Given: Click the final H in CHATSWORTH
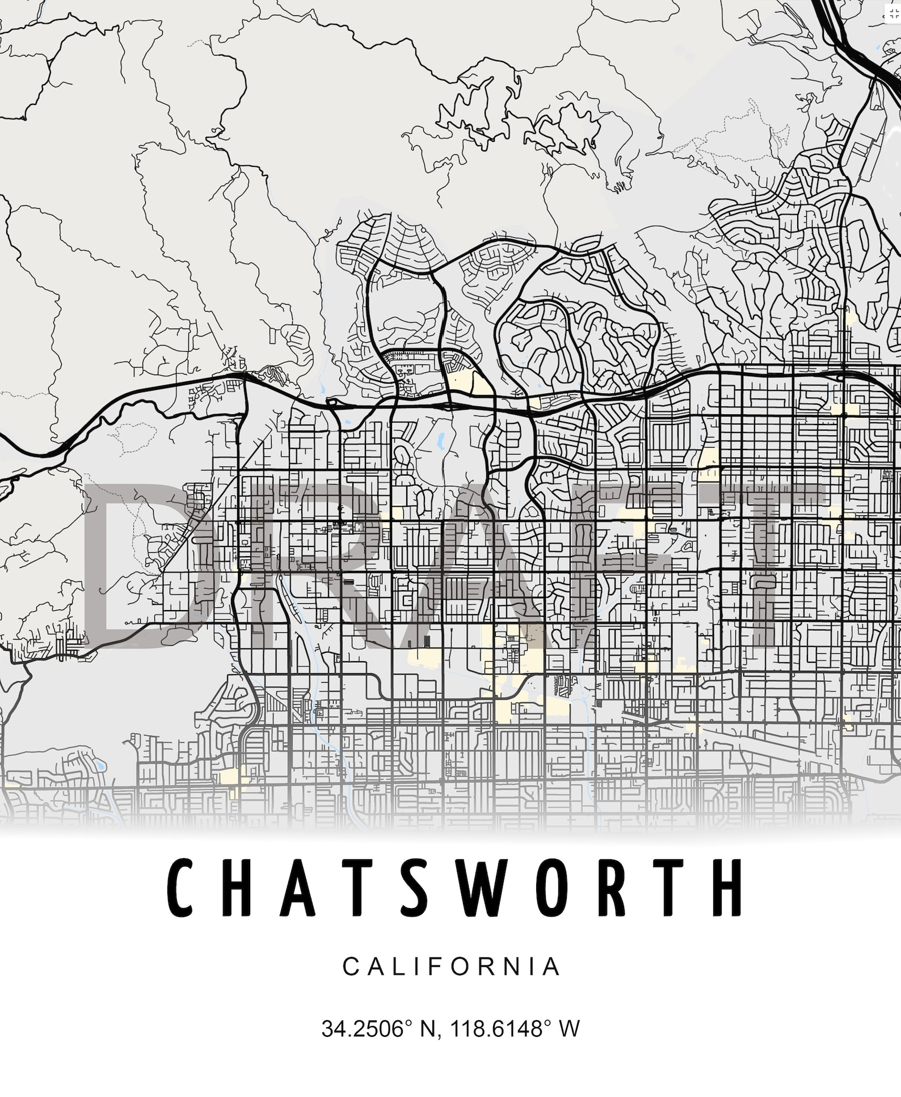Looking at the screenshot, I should (727, 888).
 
